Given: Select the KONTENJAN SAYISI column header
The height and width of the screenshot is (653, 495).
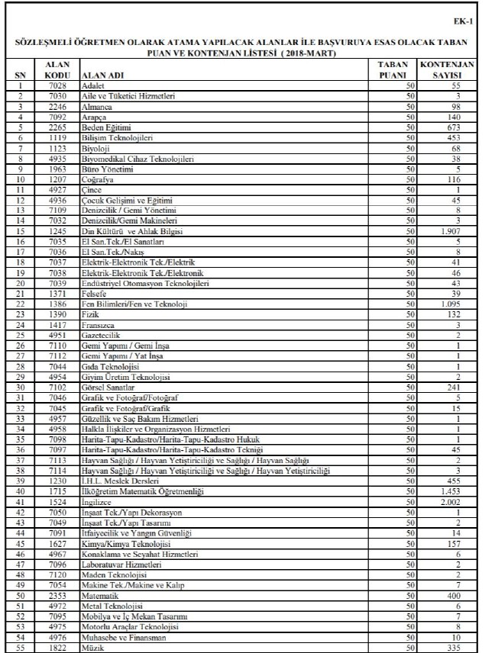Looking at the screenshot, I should [447, 71].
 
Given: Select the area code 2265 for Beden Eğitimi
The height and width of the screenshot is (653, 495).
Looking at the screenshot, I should [58, 127].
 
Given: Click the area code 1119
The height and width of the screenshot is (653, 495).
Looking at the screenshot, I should [58, 138].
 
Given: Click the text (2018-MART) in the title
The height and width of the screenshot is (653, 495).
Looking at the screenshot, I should [308, 54].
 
